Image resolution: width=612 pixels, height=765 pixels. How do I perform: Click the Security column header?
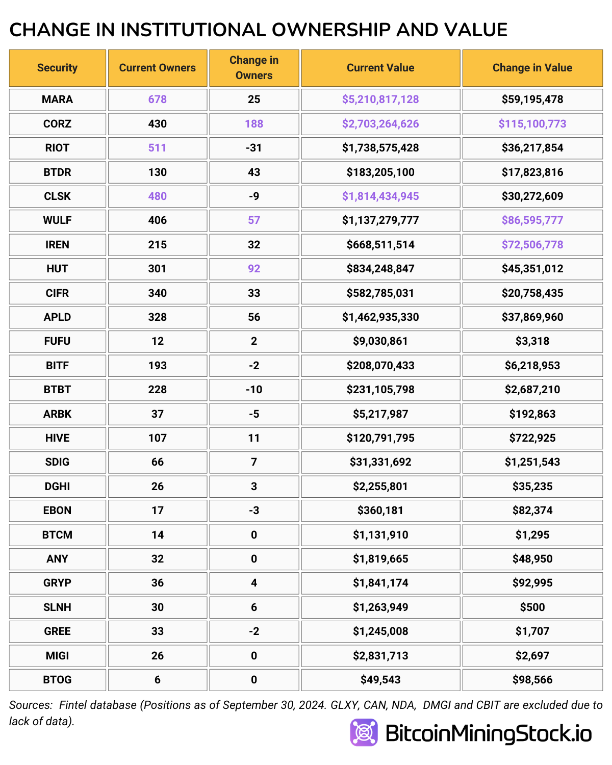(57, 68)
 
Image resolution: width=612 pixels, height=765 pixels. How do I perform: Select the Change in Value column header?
(532, 68)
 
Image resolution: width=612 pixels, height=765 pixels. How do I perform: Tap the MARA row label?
(57, 99)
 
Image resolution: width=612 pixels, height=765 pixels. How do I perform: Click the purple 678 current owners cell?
(157, 99)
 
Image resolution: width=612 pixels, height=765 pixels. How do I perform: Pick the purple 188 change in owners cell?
(254, 124)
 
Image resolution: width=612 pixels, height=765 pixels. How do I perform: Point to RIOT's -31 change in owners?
(254, 148)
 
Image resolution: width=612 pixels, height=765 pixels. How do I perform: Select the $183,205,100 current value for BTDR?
(380, 172)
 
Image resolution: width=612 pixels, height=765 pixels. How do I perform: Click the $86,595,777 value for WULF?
(532, 220)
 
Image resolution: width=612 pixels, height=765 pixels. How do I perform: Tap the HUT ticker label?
(57, 269)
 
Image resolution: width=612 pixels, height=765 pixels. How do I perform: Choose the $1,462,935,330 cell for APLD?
(380, 317)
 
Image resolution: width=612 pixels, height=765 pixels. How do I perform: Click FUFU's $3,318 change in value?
(532, 341)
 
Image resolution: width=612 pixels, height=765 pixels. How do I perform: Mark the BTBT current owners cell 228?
(157, 390)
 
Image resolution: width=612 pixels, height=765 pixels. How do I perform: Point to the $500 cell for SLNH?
(532, 607)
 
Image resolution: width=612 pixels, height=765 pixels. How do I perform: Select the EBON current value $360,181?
(380, 511)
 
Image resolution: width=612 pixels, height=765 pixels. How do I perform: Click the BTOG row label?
(57, 680)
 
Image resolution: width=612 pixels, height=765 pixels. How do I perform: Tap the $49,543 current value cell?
(380, 680)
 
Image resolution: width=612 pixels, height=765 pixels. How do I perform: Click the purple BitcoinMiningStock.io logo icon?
(364, 732)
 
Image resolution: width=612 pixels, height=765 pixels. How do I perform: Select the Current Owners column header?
(157, 68)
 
